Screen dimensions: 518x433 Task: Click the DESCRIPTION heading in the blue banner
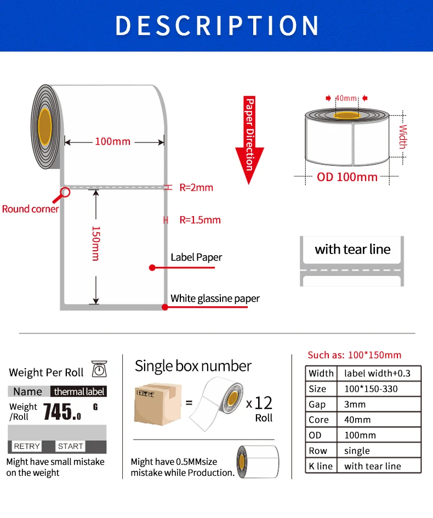217,25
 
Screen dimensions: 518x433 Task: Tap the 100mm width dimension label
113,142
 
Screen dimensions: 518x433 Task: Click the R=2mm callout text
196,188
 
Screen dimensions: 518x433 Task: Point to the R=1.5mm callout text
200,220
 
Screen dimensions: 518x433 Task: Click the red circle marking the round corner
65,192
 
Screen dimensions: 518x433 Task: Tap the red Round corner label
30,209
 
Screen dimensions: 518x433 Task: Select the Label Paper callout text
196,257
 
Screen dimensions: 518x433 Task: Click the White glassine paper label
215,299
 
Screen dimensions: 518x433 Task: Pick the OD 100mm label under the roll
347,177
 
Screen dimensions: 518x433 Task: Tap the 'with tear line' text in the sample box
352,249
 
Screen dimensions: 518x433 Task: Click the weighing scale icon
99,370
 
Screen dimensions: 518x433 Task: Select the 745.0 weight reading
62,411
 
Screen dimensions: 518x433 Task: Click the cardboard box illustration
157,404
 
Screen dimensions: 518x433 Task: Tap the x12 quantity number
259,403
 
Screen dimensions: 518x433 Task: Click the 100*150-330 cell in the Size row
371,389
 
